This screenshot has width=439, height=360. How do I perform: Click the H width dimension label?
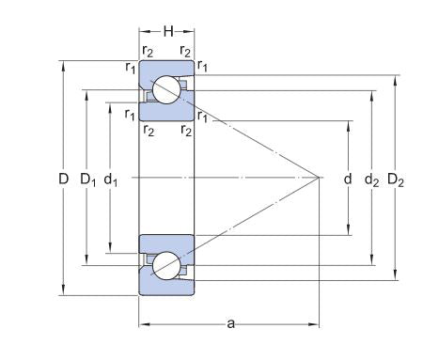(168, 31)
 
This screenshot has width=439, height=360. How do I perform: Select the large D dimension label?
(64, 179)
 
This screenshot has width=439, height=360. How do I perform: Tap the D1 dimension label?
(88, 180)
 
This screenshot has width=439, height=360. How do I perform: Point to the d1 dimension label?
(111, 180)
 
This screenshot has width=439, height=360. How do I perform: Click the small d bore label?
(348, 179)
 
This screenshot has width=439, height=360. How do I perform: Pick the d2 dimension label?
(372, 180)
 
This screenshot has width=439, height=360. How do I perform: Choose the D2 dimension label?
(396, 180)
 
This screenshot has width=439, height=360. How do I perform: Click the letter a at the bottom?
(230, 323)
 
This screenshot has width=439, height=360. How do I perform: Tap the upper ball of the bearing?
(166, 89)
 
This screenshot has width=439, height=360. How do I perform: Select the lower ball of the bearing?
(166, 266)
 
